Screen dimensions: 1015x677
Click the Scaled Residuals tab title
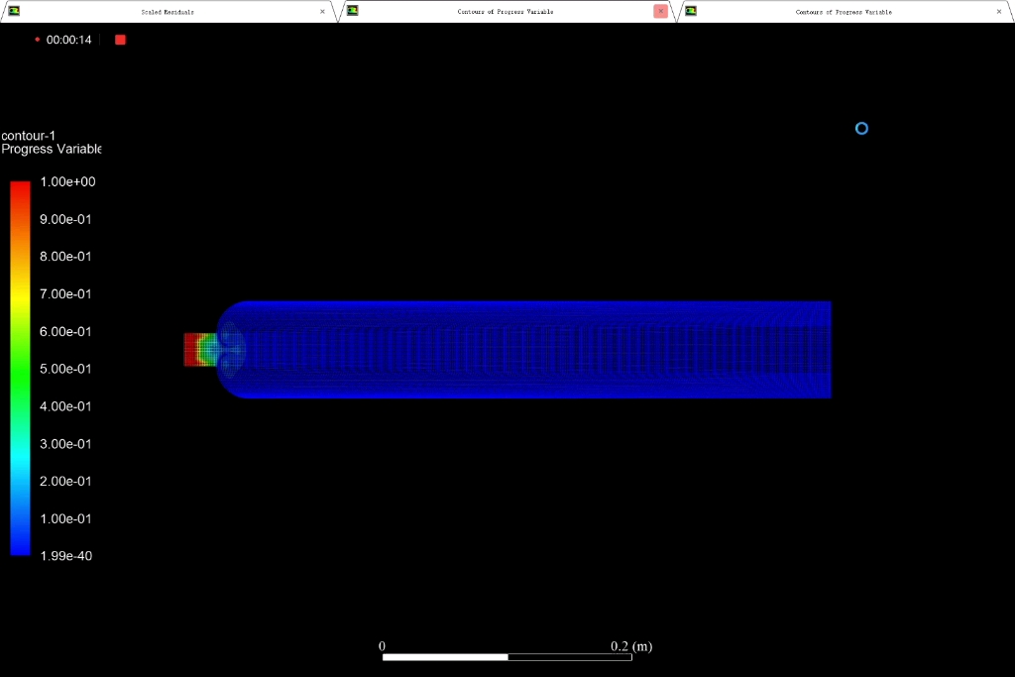(x=168, y=12)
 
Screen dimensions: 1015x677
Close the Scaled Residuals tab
(x=322, y=12)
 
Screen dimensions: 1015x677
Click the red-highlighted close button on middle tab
(x=660, y=11)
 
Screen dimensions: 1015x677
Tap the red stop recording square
(x=120, y=40)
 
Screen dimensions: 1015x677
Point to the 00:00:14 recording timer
(x=68, y=40)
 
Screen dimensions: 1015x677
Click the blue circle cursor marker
(x=861, y=128)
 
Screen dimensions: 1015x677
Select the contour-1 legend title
(x=29, y=135)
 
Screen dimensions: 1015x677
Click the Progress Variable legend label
(x=52, y=149)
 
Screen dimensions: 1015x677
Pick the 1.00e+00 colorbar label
(x=67, y=181)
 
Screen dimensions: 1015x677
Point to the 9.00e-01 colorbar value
(x=65, y=219)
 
